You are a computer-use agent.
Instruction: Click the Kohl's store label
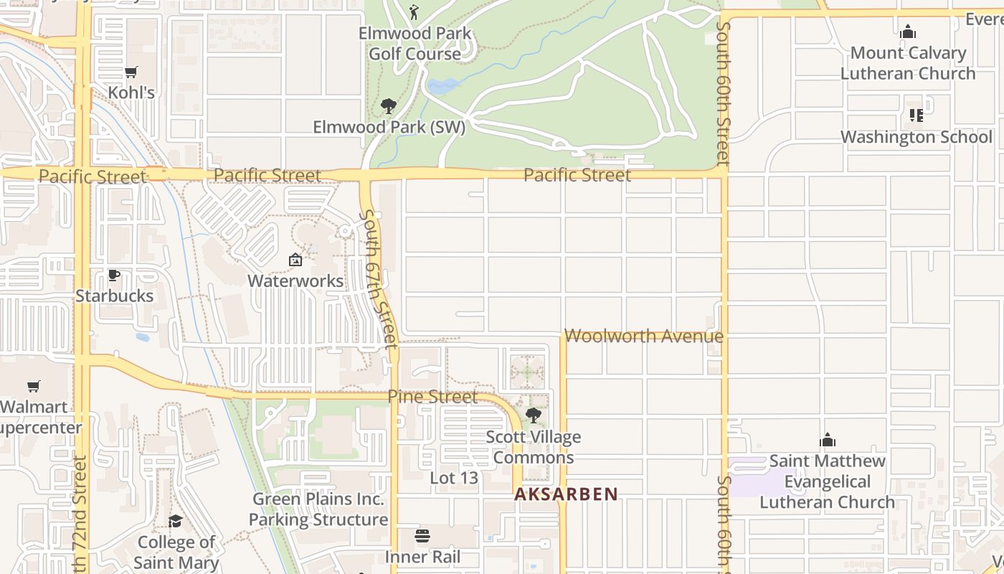[131, 93]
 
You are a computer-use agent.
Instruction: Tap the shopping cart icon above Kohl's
[131, 72]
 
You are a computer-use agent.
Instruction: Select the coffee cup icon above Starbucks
[114, 275]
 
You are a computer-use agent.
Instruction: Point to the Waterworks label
[295, 281]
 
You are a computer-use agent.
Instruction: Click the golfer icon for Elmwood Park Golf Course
[414, 12]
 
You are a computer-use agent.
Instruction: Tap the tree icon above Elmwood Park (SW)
[389, 107]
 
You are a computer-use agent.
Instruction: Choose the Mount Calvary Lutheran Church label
[908, 63]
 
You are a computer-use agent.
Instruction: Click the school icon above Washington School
[916, 115]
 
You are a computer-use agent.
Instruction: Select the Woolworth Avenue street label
[644, 336]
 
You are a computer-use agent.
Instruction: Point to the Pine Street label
[432, 397]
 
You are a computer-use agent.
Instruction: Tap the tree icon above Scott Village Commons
[533, 415]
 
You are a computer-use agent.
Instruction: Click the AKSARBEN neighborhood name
[566, 494]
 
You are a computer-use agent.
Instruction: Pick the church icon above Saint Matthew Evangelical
[828, 440]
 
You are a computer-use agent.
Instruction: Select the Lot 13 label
[454, 478]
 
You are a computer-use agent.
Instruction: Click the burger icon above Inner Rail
[422, 536]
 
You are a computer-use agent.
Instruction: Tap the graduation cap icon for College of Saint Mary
[176, 522]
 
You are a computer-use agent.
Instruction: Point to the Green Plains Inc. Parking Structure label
[318, 509]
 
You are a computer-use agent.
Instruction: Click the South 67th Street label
[379, 279]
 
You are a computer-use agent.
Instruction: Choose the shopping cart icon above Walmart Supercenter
[34, 387]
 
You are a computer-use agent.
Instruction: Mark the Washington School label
[917, 137]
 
